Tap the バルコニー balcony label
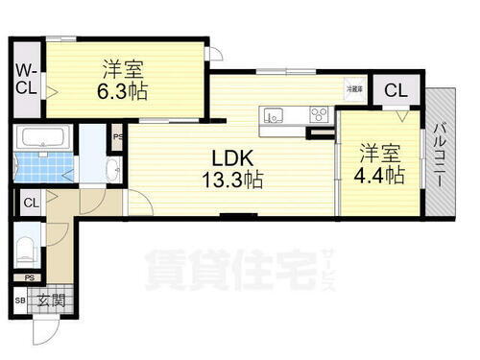click(x=442, y=154)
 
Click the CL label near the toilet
click(x=31, y=203)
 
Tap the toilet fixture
click(x=27, y=252)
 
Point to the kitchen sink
click(x=273, y=116)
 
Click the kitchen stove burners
click(x=318, y=116)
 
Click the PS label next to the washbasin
click(x=116, y=136)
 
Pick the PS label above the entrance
click(x=31, y=279)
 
